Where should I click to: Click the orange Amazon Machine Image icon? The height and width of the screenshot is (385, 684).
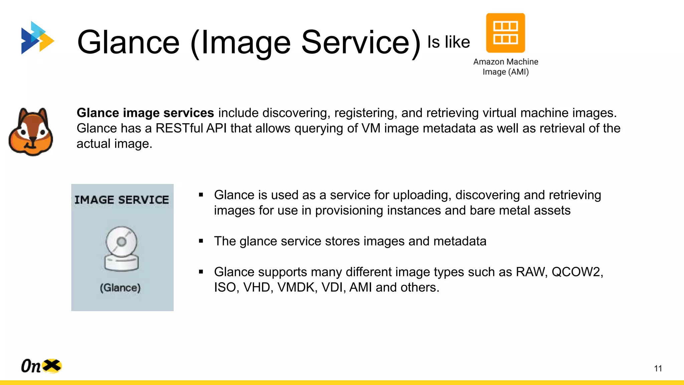(x=505, y=33)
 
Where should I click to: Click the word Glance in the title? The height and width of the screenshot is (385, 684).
(x=129, y=42)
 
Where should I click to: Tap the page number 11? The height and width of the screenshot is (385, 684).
(x=658, y=368)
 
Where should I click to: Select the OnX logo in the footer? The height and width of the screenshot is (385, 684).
(x=41, y=366)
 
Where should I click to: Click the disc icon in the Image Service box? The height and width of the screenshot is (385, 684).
(x=121, y=248)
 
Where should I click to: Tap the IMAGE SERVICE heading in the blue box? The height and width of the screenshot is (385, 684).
(x=122, y=200)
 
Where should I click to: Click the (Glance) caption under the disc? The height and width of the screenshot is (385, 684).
(x=120, y=288)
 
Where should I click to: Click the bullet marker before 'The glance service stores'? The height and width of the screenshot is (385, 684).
(x=201, y=241)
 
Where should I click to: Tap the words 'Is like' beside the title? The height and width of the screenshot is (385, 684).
(x=449, y=42)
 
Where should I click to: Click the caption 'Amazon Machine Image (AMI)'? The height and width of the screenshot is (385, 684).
(x=505, y=67)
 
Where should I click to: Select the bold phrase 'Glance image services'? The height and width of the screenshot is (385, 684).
(x=145, y=113)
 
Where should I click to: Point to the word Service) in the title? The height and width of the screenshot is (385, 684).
(x=361, y=42)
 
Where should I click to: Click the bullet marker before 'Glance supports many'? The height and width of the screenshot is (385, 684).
(x=201, y=272)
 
